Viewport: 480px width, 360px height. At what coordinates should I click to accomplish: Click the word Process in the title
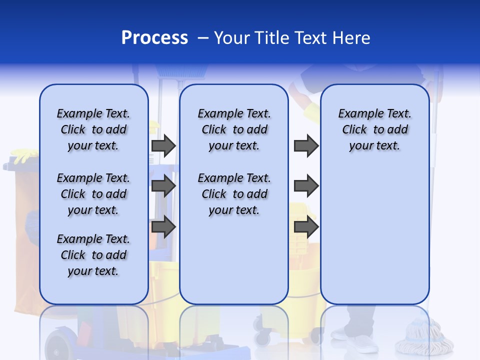[x=154, y=37]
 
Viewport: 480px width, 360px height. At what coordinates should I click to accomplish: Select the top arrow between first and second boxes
[x=163, y=146]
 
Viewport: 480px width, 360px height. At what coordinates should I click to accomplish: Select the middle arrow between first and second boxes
[x=163, y=186]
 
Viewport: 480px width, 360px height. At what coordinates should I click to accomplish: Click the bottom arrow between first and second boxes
[x=163, y=226]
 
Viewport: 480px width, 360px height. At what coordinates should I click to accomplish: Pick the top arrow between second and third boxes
[x=306, y=146]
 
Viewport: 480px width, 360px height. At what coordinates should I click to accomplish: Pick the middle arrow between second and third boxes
[x=306, y=186]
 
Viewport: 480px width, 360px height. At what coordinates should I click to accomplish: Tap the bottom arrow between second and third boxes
[x=306, y=226]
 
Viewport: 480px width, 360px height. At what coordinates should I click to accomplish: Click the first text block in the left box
[x=93, y=129]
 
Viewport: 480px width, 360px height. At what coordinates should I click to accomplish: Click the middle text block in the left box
[x=93, y=194]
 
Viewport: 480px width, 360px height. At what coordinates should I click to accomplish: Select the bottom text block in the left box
[x=93, y=255]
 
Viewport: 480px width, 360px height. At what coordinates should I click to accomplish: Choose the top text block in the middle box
[x=234, y=129]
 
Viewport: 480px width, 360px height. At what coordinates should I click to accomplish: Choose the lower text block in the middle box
[x=234, y=194]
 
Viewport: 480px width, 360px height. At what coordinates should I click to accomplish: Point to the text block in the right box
[x=375, y=129]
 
